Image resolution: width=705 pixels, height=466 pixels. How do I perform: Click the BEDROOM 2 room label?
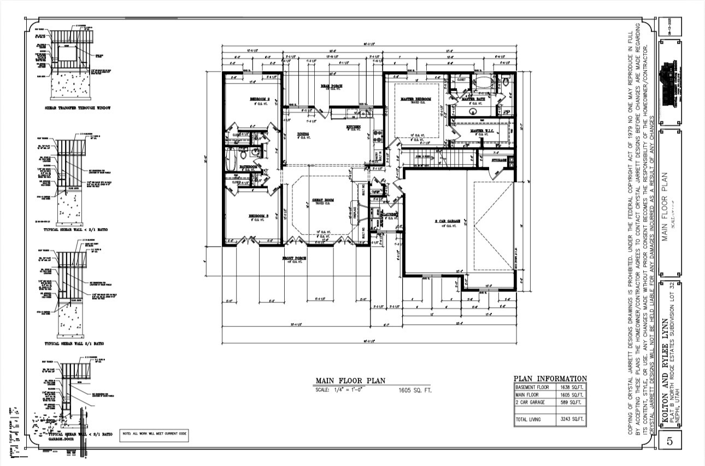[260, 100]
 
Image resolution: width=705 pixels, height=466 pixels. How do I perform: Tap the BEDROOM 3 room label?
[259, 217]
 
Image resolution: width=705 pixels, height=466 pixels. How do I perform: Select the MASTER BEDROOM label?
[416, 100]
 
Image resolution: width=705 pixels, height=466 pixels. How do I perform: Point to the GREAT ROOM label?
[322, 200]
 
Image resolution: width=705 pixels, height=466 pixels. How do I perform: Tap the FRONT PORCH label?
[294, 258]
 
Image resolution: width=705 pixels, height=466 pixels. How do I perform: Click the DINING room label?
[303, 134]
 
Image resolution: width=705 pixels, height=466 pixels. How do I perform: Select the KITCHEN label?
[353, 127]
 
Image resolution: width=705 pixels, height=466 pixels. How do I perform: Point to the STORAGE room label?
[498, 160]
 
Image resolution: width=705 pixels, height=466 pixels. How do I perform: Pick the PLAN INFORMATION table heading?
[550, 378]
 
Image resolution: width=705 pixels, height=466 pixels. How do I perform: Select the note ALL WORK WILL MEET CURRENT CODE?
[154, 433]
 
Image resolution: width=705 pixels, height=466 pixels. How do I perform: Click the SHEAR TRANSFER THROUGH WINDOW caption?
[78, 108]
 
